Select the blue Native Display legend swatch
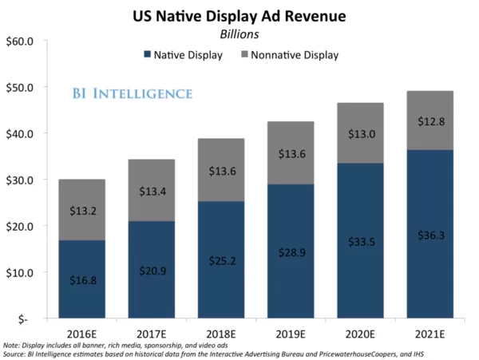[148, 55]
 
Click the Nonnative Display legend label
[295, 55]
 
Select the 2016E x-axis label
[82, 330]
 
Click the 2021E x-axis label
[430, 330]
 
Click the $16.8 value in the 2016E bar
[82, 279]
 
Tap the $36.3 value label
[430, 235]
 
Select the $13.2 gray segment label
[82, 211]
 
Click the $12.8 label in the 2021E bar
[430, 121]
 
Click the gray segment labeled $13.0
[361, 133]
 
